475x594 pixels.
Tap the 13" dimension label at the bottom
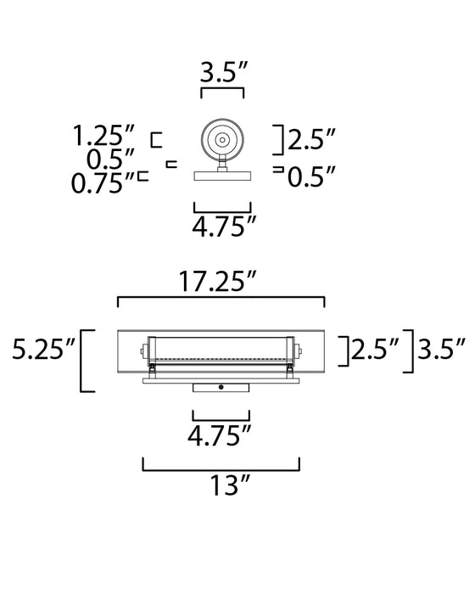221,485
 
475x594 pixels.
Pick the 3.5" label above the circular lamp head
222,72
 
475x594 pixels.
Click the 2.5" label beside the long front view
374,348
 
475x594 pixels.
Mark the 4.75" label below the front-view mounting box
221,438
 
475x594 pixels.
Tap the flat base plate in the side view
222,177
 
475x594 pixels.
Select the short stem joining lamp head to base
222,164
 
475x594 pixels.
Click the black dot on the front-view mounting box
221,387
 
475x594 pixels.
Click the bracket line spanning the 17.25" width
221,299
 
